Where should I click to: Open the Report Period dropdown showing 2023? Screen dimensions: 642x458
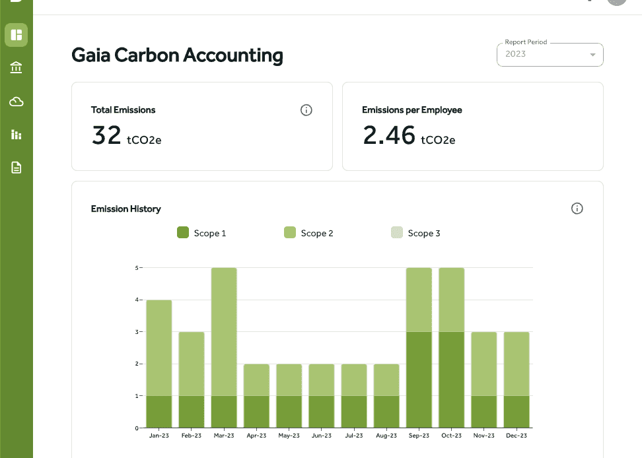[550, 54]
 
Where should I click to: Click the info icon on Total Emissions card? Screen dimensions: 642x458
[306, 110]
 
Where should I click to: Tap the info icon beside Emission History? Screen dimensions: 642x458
[577, 209]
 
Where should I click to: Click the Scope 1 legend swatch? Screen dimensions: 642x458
[183, 232]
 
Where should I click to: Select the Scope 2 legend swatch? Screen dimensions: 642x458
[290, 232]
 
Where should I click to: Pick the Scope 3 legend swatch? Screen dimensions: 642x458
[397, 232]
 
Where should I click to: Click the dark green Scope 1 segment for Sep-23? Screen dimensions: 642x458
[419, 380]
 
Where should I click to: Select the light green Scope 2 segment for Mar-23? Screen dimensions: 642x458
[224, 332]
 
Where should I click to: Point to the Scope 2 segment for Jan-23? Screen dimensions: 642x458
[159, 348]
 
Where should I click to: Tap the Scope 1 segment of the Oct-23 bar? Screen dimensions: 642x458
[452, 380]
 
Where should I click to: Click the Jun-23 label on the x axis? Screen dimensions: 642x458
[322, 436]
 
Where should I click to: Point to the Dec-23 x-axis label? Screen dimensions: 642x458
[517, 436]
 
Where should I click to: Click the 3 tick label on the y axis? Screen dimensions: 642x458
[137, 332]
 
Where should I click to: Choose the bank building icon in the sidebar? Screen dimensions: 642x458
[16, 67]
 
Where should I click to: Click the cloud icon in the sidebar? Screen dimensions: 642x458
[17, 102]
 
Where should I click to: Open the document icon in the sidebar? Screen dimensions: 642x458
[17, 167]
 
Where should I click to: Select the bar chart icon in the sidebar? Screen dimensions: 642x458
[17, 135]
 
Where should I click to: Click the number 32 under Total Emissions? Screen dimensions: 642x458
[106, 135]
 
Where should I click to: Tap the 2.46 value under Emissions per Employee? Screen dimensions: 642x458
[389, 135]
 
